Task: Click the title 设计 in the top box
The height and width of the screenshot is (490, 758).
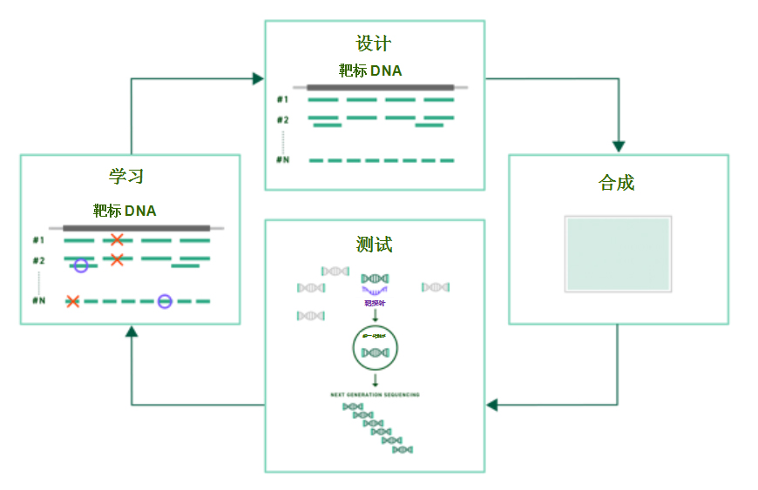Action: coord(374,44)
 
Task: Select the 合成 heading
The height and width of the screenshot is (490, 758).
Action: coord(617,183)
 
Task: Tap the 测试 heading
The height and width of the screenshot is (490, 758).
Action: coord(375,245)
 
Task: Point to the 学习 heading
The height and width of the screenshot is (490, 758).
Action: coord(126,176)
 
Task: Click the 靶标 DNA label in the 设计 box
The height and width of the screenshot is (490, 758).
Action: coord(370,70)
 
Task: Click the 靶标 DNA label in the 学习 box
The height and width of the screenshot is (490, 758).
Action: coord(125,210)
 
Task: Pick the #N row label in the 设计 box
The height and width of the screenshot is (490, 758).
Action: coord(282,160)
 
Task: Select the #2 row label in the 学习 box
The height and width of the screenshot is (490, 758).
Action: coord(38,260)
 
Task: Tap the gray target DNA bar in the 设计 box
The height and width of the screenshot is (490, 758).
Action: coord(380,87)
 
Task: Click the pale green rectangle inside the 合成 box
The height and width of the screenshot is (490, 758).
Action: coord(618,253)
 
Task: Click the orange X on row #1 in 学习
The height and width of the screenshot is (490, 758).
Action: coord(116,239)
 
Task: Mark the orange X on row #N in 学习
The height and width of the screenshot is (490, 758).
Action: coord(72,301)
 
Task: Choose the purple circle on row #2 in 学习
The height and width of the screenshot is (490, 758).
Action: coord(81,265)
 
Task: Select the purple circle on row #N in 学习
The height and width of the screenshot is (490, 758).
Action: coord(165,301)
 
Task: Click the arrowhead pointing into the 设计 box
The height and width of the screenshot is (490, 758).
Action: coord(258,79)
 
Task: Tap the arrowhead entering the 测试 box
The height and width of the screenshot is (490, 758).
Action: coord(491,405)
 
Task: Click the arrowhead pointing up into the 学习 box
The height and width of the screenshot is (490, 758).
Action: coord(132,332)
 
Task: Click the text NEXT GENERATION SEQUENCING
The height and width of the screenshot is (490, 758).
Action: coord(375,395)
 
